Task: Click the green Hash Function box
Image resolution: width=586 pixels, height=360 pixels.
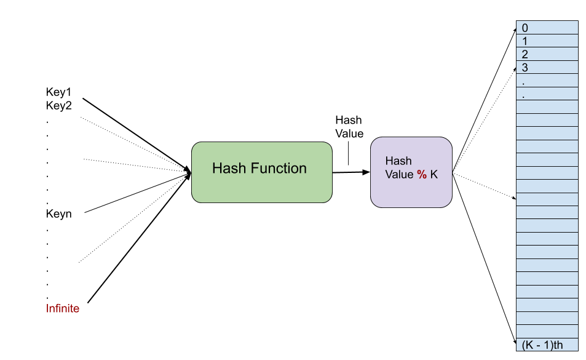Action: [x=262, y=172]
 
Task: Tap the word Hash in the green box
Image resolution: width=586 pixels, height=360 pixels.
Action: [x=228, y=168]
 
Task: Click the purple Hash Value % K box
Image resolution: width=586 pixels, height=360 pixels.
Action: [x=411, y=172]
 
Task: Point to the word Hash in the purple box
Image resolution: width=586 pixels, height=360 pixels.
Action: [x=398, y=161]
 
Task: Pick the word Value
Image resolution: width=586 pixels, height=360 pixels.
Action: [x=399, y=174]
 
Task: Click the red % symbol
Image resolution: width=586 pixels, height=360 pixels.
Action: [x=422, y=174]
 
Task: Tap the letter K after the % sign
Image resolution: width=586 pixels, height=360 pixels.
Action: [x=434, y=174]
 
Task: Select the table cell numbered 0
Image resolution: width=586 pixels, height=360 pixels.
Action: [x=547, y=28]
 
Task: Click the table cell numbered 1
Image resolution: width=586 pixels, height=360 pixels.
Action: [x=547, y=41]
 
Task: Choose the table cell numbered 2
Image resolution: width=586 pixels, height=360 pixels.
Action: [x=547, y=54]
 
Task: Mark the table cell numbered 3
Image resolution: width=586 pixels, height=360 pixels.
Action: [x=547, y=67]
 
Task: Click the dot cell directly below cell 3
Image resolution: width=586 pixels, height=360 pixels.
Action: [x=547, y=81]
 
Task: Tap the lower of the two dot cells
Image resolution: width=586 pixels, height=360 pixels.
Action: [x=547, y=94]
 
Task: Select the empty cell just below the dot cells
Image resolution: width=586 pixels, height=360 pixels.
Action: [x=547, y=107]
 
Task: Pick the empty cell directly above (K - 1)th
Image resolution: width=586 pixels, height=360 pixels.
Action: [x=547, y=331]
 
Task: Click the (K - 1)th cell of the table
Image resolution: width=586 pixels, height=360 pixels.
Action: [x=547, y=345]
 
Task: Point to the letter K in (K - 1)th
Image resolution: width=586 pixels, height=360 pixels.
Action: [x=528, y=345]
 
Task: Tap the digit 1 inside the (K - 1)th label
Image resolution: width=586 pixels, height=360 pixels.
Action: [x=544, y=345]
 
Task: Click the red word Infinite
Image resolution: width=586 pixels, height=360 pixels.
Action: [x=63, y=308]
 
